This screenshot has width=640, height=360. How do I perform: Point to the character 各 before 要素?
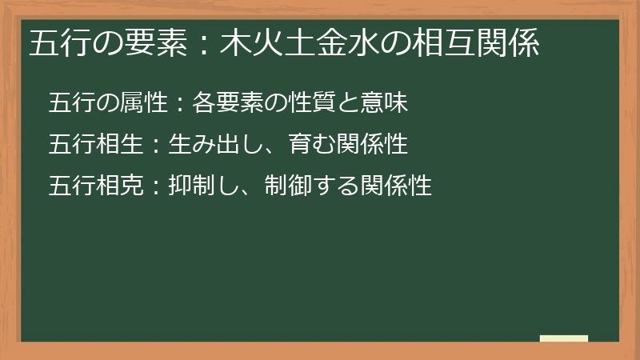(203, 102)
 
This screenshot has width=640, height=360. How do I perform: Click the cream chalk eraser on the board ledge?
(564, 338)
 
